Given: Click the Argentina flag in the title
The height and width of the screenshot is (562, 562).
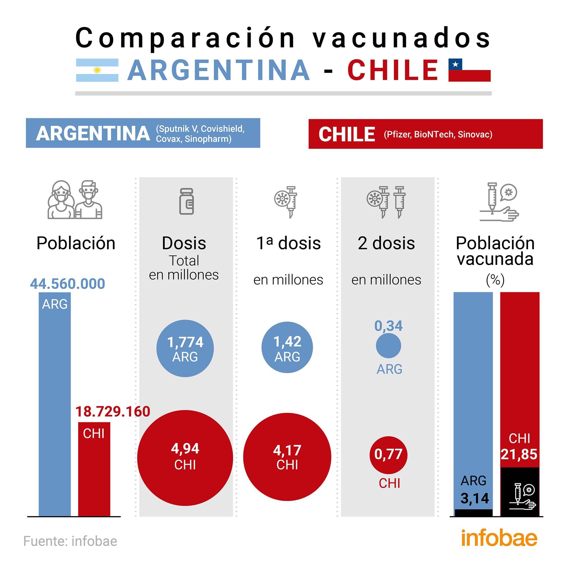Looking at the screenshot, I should pos(97,70).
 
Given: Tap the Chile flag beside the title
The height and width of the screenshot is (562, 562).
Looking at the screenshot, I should pos(469,70).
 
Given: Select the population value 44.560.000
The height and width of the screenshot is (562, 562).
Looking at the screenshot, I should pos(67,284).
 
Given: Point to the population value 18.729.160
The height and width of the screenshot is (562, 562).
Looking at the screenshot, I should pos(113,412).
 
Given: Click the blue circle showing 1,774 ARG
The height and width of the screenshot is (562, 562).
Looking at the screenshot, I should pos(185,348).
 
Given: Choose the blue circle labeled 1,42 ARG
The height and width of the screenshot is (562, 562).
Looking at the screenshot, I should pos(287,347).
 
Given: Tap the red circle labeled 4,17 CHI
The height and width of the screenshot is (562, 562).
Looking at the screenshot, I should pos(287,457).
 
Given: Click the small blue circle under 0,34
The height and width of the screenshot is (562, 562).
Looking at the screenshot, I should pos(388,346).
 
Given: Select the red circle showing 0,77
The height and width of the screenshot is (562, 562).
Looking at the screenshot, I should pos(388,455).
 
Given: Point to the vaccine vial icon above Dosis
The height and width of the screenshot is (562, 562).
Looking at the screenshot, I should pos(187,201).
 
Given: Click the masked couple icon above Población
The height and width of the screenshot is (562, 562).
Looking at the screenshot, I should pos(75,200).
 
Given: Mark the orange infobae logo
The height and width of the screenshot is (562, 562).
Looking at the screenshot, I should pos(499,538).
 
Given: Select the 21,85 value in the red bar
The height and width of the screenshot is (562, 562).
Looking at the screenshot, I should pos(519,454).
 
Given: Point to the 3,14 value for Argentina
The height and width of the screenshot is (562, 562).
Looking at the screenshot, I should pos(474,498).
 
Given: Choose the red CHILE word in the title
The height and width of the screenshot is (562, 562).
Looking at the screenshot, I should pos(393,70).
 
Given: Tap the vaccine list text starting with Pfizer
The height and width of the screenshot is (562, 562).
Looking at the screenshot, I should pos(438,134).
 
